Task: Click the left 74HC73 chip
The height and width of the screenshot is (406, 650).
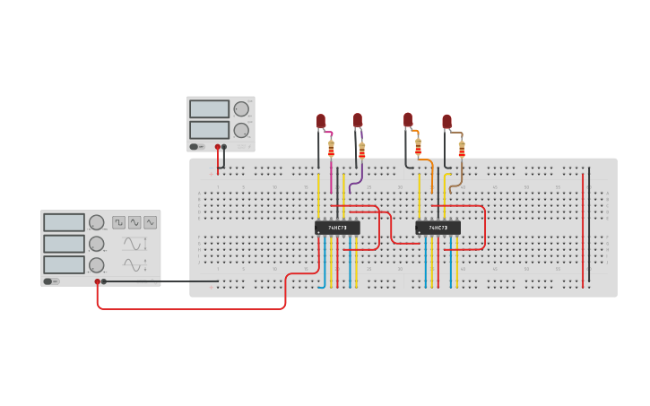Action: (x=337, y=228)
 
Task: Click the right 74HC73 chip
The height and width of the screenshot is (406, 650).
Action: (x=438, y=228)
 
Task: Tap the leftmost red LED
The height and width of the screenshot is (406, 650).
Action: (x=321, y=121)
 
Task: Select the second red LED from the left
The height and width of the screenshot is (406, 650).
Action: (x=358, y=120)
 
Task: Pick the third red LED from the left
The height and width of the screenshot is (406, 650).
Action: (x=408, y=120)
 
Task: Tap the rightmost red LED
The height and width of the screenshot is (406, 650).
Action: (x=446, y=122)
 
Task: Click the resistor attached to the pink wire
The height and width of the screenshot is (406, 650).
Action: (x=331, y=148)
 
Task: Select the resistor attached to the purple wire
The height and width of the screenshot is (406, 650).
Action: (x=362, y=150)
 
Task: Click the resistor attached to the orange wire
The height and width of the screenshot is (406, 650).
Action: (x=418, y=147)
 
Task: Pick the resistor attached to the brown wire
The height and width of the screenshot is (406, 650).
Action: (x=462, y=148)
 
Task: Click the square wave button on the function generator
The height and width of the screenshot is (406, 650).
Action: (x=119, y=222)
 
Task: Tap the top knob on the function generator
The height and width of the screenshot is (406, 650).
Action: (x=96, y=222)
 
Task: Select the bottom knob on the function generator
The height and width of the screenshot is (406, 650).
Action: (x=96, y=265)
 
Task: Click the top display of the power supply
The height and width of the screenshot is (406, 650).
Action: (x=209, y=108)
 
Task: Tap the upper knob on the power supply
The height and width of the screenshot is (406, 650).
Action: (x=241, y=109)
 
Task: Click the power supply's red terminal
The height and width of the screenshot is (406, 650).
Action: (x=217, y=147)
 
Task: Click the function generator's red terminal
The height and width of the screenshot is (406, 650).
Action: (x=97, y=281)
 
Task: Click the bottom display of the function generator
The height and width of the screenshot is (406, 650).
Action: (x=64, y=265)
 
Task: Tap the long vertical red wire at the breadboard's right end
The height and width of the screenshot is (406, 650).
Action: (x=583, y=229)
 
